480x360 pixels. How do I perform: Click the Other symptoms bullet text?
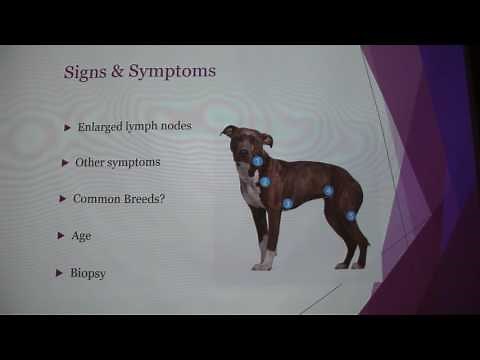pos(117,162)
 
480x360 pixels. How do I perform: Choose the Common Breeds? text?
pos(118,198)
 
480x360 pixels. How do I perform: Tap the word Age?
pos(81,236)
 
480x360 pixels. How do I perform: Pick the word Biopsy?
pos(87,272)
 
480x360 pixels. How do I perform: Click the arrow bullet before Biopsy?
pos(59,272)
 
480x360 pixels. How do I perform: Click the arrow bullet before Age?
pos(60,236)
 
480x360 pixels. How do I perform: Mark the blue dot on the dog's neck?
pos(257,161)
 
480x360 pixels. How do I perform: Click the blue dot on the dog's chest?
pos(265,182)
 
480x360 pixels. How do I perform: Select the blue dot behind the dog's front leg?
pos(287,203)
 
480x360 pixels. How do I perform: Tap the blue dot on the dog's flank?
pos(328,190)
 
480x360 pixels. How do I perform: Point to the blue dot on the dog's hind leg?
pos(350,215)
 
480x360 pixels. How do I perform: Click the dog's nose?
pos(242,153)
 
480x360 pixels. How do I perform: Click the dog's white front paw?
pos(262,265)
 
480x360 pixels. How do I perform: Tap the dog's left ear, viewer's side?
pos(228,130)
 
